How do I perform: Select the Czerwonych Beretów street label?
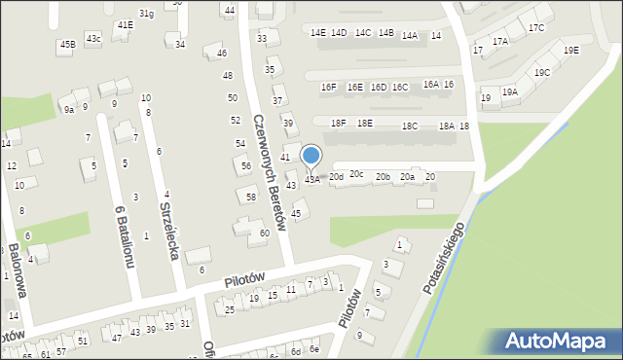271,174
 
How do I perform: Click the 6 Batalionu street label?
124,237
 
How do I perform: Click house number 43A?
312,179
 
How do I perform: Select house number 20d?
336,177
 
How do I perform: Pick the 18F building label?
338,124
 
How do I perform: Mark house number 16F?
329,88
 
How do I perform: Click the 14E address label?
318,33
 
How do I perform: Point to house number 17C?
536,28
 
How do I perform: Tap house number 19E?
570,51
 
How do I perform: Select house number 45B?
66,45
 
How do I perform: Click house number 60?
264,233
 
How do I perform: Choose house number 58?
251,198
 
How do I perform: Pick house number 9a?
68,111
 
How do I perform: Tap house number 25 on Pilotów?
230,310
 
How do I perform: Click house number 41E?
125,24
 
